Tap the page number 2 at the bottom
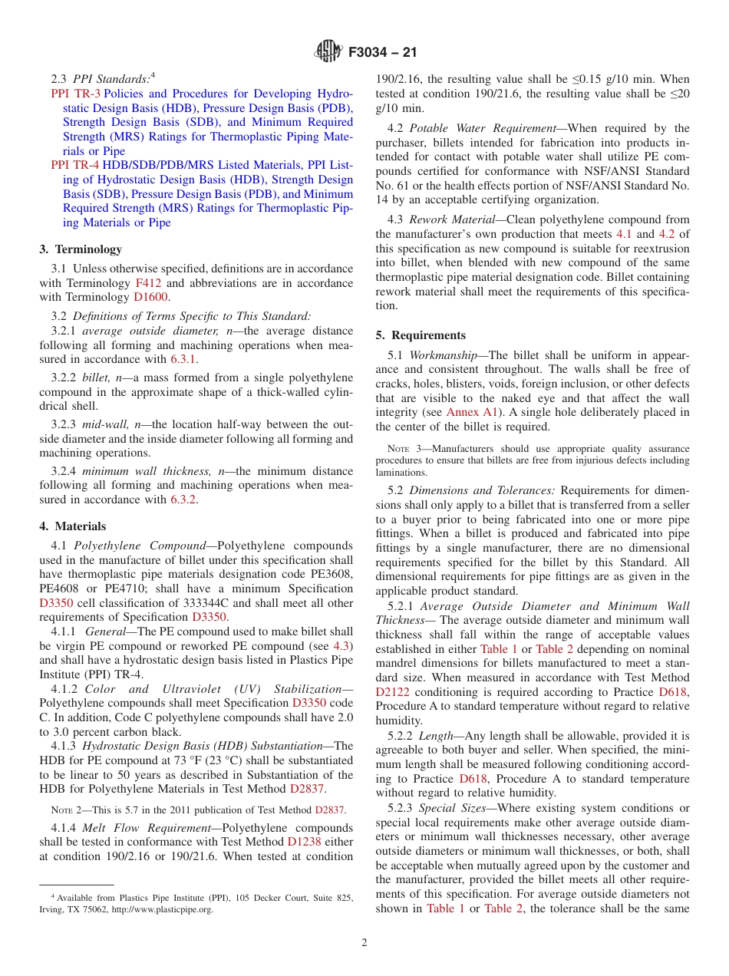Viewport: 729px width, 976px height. [364, 943]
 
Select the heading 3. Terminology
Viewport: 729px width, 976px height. [81, 249]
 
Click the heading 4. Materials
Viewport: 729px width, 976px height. [73, 526]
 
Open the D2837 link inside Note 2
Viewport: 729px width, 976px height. [330, 809]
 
